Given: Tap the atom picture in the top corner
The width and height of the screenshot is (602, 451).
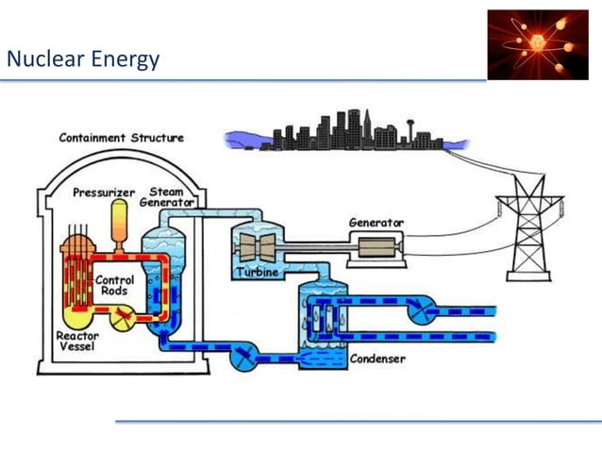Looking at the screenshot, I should pos(537,44).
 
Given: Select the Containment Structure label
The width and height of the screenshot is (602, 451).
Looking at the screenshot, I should pos(122,138).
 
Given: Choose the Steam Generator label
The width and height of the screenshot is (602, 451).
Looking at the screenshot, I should pos(167,196).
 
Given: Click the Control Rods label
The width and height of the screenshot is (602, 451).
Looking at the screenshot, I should pos(115,285).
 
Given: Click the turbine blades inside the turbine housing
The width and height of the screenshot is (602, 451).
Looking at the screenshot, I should pos(254,246).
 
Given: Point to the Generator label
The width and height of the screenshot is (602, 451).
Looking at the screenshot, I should pos(376,223).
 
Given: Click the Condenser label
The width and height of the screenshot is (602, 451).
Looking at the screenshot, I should pos(377,359).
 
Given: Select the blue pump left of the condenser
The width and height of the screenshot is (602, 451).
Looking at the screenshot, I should pos(244,358).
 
